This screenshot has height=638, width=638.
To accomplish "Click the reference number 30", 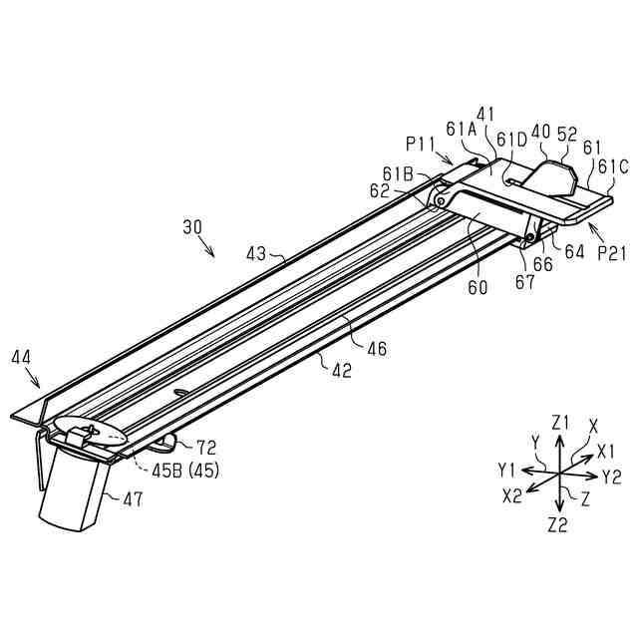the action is pyautogui.click(x=193, y=227).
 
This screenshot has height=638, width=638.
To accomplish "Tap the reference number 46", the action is pyautogui.click(x=376, y=349).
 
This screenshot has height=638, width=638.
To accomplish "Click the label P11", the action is pyautogui.click(x=420, y=143).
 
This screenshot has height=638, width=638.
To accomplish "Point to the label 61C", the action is pyautogui.click(x=613, y=166).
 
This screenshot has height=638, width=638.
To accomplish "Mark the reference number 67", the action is pyautogui.click(x=525, y=282).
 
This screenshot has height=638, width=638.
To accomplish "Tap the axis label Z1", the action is pyautogui.click(x=560, y=422).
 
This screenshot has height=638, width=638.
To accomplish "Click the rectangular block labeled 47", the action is pyautogui.click(x=75, y=494).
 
